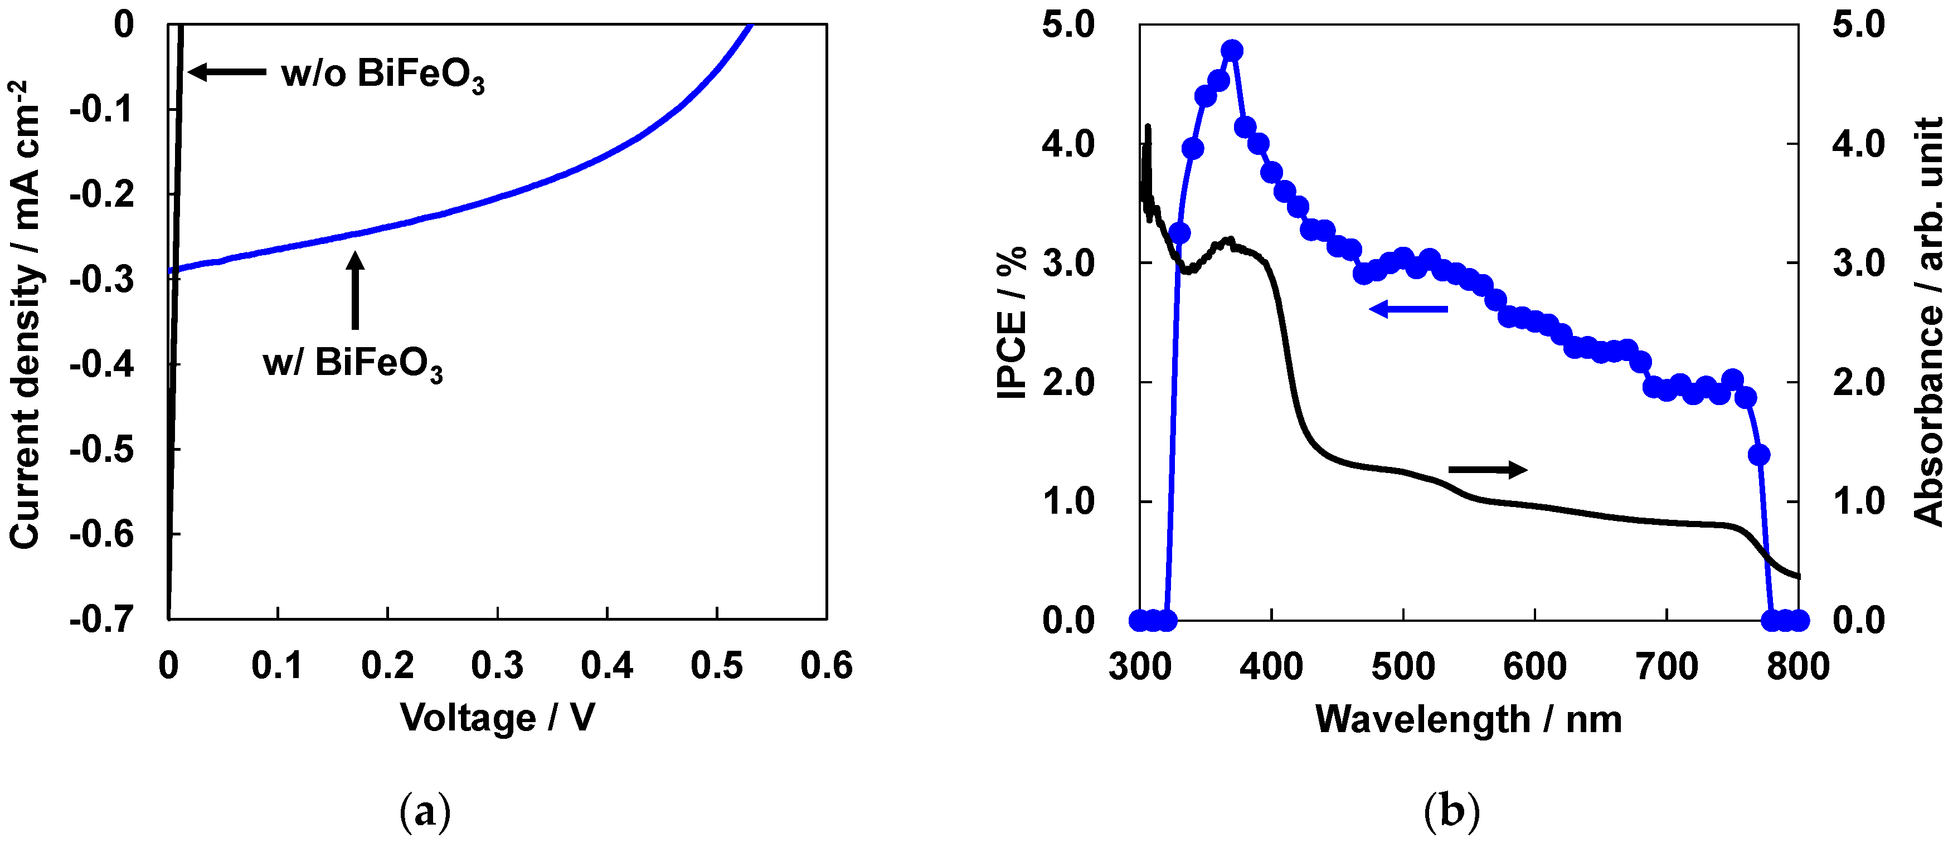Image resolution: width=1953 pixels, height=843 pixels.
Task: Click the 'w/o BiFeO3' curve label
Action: click(x=383, y=75)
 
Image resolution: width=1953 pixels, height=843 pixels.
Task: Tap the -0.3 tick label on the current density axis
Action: click(x=103, y=280)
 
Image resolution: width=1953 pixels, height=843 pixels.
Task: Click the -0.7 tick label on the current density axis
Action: click(x=103, y=620)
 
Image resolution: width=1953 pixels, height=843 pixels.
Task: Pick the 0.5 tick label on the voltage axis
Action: click(x=716, y=666)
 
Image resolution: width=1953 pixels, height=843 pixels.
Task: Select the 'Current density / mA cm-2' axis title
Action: click(x=25, y=315)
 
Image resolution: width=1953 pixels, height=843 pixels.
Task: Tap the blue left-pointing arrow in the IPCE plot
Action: click(x=1408, y=309)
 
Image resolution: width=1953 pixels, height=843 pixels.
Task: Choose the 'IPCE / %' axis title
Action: click(x=1012, y=321)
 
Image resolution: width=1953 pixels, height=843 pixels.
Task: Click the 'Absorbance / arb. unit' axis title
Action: click(x=1927, y=321)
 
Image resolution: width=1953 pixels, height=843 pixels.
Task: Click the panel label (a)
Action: click(x=425, y=811)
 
